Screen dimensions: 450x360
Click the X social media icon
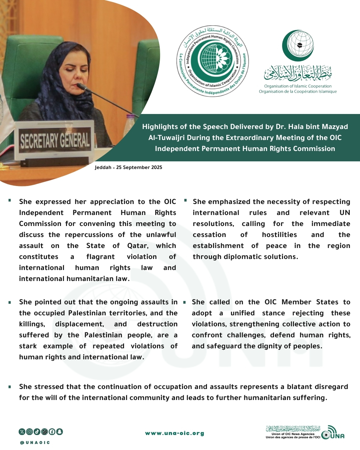tap(22, 432)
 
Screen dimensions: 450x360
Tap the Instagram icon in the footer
tap(29, 432)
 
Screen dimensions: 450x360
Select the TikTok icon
tap(37, 432)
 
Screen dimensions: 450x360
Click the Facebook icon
tap(52, 432)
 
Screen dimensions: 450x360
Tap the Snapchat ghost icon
tap(59, 432)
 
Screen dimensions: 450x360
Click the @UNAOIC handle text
tap(35, 443)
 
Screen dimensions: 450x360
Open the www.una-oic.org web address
tap(175, 433)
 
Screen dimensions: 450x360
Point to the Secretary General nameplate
tap(55, 140)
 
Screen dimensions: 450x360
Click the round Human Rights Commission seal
tap(213, 61)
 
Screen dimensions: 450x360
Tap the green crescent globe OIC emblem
tap(298, 46)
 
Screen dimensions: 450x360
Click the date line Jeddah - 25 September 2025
tap(128, 167)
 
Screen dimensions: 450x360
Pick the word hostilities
tap(279, 235)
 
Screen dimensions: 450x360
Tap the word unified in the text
tap(242, 313)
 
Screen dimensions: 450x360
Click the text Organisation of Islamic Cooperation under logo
tap(298, 86)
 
